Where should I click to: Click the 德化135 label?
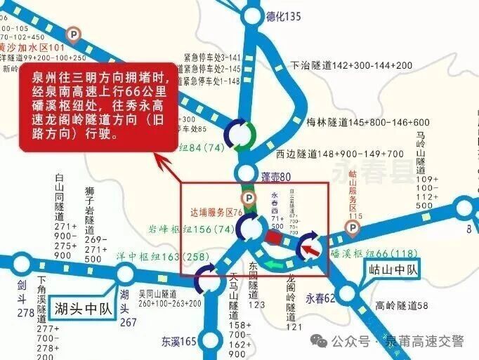tap(284, 16)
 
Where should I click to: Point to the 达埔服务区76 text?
tap(216, 211)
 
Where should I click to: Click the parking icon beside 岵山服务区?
tap(351, 227)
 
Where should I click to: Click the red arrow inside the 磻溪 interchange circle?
tap(309, 248)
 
